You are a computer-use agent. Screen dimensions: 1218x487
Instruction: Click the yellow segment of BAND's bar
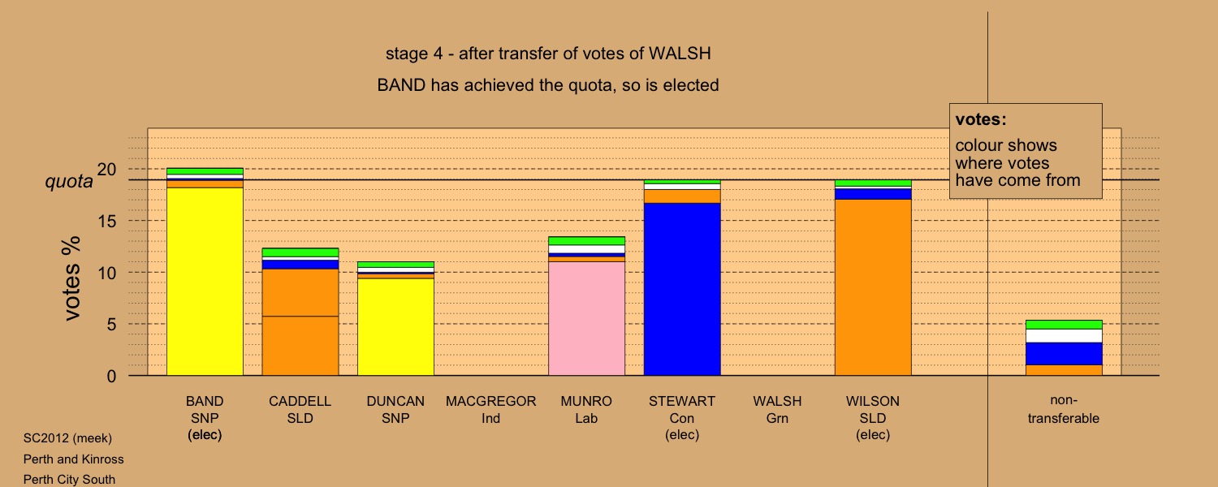tap(205, 282)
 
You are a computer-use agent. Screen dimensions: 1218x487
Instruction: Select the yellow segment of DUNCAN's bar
tap(395, 326)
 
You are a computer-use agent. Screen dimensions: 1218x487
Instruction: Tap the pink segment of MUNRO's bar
tap(586, 318)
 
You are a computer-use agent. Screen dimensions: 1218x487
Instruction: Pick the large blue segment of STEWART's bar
tap(682, 289)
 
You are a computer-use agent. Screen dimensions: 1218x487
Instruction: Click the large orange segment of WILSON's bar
tap(873, 287)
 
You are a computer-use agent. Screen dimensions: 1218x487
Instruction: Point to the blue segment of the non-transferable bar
tap(1064, 354)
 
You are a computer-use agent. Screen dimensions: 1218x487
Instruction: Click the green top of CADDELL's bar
tap(300, 252)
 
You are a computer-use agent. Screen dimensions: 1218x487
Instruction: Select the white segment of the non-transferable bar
tap(1064, 336)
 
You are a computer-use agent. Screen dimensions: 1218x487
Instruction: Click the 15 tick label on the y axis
tap(107, 222)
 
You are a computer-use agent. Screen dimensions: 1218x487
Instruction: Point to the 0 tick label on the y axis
tap(111, 376)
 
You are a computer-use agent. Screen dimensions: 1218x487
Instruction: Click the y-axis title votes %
tap(71, 278)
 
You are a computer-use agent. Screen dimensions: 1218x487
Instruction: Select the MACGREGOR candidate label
tap(491, 401)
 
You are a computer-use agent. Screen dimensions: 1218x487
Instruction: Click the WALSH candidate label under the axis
tap(777, 401)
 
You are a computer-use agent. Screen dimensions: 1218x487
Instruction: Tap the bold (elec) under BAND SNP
tap(205, 435)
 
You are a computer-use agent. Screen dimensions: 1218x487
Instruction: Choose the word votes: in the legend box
tap(981, 119)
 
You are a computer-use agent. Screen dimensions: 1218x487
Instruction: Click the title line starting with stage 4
tap(548, 54)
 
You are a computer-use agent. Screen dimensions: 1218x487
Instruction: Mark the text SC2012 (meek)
tap(67, 438)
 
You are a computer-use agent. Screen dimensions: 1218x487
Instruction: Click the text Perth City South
tap(69, 480)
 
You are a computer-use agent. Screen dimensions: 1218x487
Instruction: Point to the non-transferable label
tap(1064, 409)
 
